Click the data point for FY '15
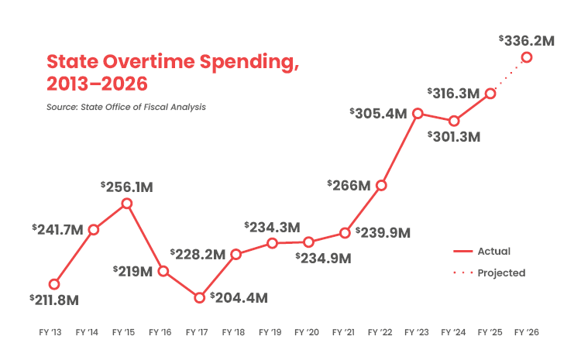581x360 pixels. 127,204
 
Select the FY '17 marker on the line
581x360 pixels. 200,297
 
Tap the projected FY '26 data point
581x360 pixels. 527,57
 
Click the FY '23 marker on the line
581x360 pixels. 418,114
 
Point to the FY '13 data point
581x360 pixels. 54,284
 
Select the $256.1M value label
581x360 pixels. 128,187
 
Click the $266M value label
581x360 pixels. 349,185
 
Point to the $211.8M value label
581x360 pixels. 55,300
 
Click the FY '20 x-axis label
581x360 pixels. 308,332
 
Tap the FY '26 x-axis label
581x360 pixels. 527,332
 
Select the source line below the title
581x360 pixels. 126,107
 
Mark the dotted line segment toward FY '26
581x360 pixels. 509,75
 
